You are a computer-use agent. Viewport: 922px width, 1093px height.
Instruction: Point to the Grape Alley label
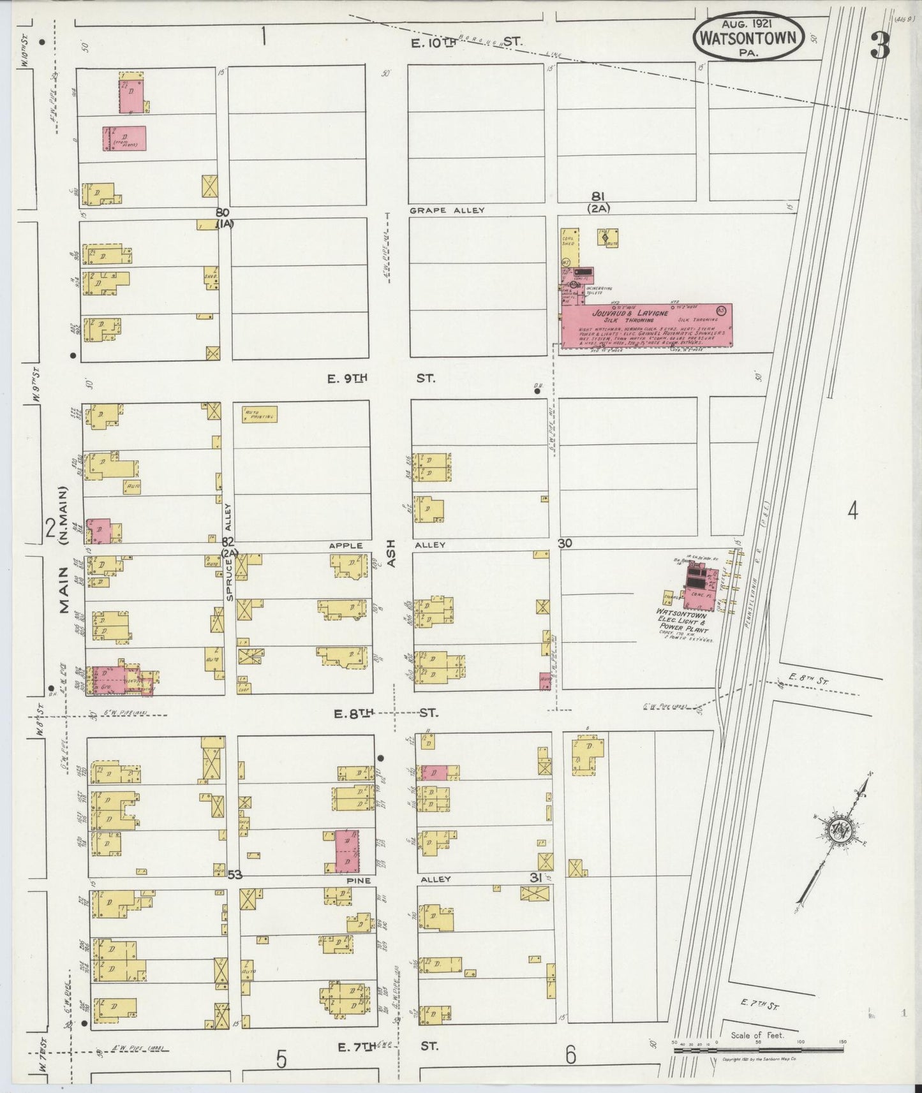(x=447, y=210)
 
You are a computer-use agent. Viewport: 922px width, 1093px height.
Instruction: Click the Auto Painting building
(x=259, y=414)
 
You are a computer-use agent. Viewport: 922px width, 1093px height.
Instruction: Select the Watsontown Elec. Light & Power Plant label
(x=682, y=621)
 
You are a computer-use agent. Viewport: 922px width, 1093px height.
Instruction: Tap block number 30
(x=564, y=543)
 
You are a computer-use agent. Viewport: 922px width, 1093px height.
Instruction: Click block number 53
(x=235, y=875)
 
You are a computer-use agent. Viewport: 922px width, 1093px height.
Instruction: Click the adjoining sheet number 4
(x=853, y=510)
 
